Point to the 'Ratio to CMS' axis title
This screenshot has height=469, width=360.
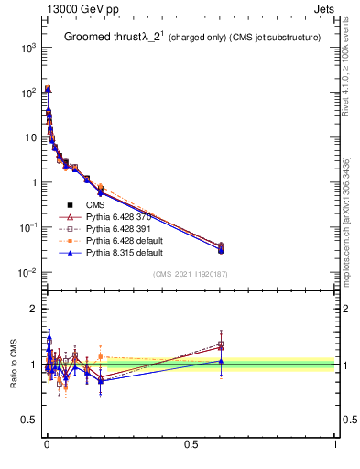(x=15, y=365)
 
